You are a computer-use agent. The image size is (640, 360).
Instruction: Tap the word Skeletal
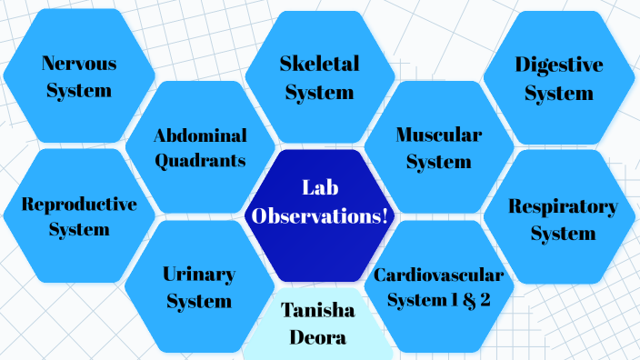pyautogui.click(x=319, y=64)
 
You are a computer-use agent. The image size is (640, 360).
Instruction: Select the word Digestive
pyautogui.click(x=558, y=65)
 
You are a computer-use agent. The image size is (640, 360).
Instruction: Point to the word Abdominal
pyautogui.click(x=200, y=135)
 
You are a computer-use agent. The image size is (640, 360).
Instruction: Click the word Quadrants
pyautogui.click(x=200, y=161)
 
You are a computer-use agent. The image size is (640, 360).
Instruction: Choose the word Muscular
pyautogui.click(x=439, y=135)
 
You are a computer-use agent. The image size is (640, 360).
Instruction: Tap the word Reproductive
pyautogui.click(x=79, y=204)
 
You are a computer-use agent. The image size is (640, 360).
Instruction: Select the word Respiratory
pyautogui.click(x=563, y=206)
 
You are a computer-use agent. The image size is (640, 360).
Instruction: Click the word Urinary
pyautogui.click(x=199, y=274)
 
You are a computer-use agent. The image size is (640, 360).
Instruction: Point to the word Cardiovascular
pyautogui.click(x=438, y=274)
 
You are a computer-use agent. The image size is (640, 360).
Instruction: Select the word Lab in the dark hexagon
pyautogui.click(x=319, y=188)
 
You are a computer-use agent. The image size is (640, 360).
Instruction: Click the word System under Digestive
pyautogui.click(x=558, y=92)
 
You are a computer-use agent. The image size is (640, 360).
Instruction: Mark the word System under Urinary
pyautogui.click(x=199, y=300)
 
